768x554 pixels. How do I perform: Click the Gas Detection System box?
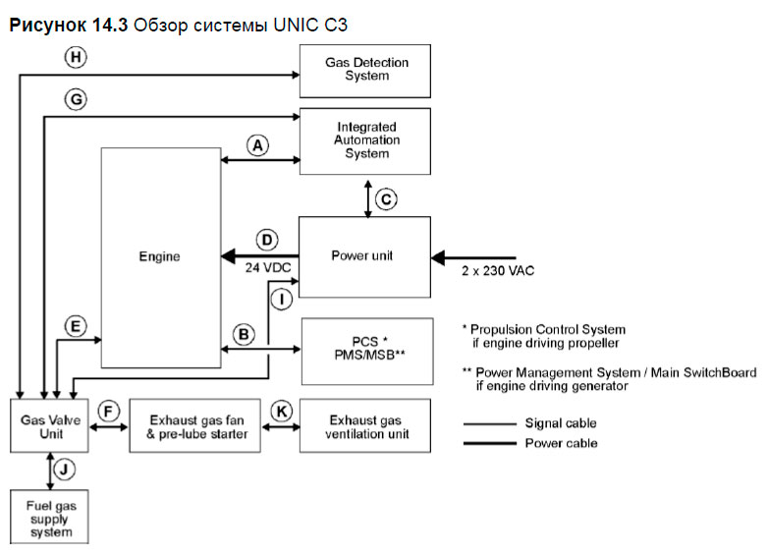(366, 70)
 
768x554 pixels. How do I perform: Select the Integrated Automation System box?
(366, 140)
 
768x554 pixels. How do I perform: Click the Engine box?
(161, 256)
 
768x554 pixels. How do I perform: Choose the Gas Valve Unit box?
(48, 425)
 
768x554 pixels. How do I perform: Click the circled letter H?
(76, 58)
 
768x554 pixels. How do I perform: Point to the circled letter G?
(76, 99)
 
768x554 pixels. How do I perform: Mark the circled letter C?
(386, 199)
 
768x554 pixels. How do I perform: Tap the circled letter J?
(63, 469)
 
